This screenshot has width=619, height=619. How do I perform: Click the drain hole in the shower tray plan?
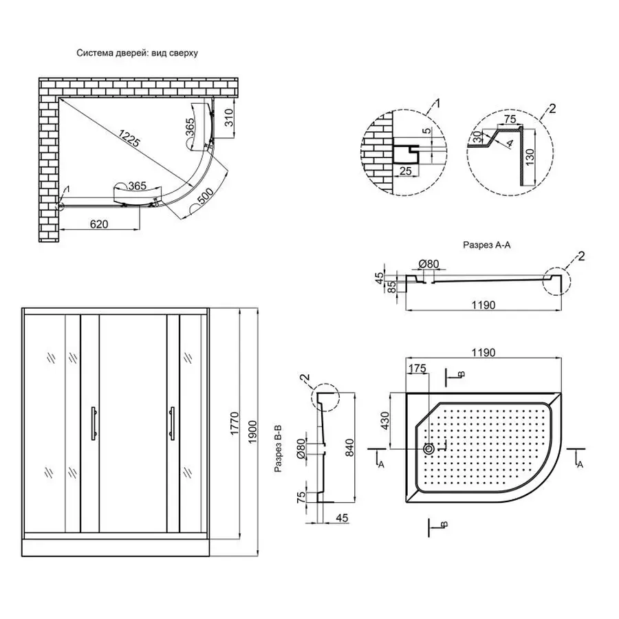[x=429, y=448]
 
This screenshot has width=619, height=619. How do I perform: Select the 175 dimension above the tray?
[x=417, y=369]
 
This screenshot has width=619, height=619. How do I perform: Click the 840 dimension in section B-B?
[x=351, y=447]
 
